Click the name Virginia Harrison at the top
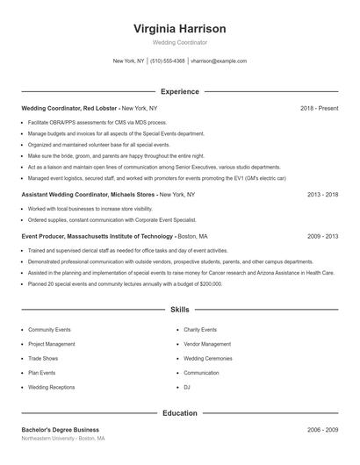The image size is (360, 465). [179, 29]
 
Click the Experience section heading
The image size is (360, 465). [179, 91]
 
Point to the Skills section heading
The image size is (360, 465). [179, 310]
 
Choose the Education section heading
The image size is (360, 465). [179, 412]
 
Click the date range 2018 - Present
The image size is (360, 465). [319, 108]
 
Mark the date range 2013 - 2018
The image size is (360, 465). [322, 194]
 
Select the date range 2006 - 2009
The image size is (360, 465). [322, 430]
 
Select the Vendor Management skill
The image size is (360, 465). [207, 344]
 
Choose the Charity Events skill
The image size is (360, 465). [201, 330]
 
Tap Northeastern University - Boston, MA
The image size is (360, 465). [63, 439]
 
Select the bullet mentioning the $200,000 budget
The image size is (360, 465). [125, 284]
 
